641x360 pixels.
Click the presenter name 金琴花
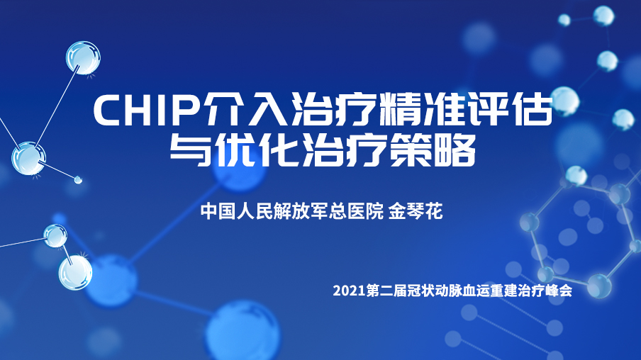click(x=416, y=212)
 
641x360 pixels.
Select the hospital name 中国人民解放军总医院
click(x=292, y=212)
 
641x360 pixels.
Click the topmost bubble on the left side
click(x=83, y=57)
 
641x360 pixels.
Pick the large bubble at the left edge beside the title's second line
click(x=28, y=158)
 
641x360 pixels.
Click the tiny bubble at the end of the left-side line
click(x=78, y=179)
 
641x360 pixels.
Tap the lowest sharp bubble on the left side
click(x=75, y=273)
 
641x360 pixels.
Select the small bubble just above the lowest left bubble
click(x=55, y=236)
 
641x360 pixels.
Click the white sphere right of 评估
click(x=564, y=101)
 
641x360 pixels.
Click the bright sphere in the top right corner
click(x=603, y=16)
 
